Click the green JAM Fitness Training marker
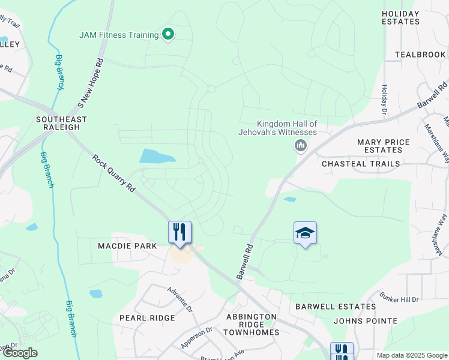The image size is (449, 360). pyautogui.click(x=168, y=35)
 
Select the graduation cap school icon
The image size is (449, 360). pyautogui.click(x=305, y=233)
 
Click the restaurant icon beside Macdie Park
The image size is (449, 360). pyautogui.click(x=179, y=232)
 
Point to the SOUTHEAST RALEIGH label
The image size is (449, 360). pyautogui.click(x=61, y=124)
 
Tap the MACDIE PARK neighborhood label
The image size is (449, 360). pyautogui.click(x=127, y=246)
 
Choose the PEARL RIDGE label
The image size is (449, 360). pyautogui.click(x=147, y=318)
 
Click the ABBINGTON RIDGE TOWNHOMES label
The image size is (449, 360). pyautogui.click(x=252, y=325)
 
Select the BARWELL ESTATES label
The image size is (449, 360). pyautogui.click(x=336, y=307)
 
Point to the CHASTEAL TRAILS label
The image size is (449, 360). pyautogui.click(x=361, y=164)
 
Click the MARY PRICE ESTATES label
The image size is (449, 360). pyautogui.click(x=384, y=146)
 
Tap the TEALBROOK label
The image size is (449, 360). pyautogui.click(x=421, y=55)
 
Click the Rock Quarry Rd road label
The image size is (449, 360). pyautogui.click(x=114, y=173)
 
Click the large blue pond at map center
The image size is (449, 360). pyautogui.click(x=157, y=156)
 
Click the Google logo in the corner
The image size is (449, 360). pyautogui.click(x=19, y=353)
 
